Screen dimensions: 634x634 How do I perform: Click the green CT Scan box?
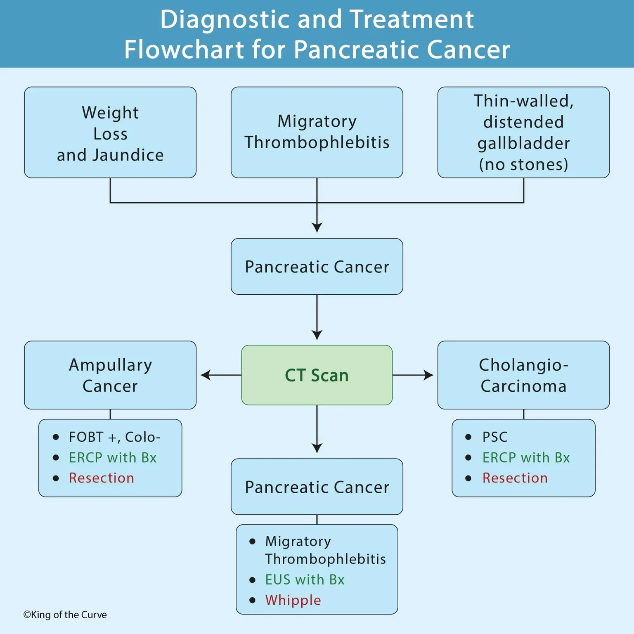coord(317,375)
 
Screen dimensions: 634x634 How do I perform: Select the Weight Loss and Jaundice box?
coord(110,132)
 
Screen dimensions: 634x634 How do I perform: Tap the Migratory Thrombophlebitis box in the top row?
coord(317,132)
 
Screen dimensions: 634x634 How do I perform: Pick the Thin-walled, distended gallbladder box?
coord(523,132)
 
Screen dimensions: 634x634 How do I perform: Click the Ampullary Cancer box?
coord(110,375)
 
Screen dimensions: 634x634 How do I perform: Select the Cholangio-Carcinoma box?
coord(523,375)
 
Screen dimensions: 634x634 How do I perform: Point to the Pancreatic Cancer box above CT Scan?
coord(317,267)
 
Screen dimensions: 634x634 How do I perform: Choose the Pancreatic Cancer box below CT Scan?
coord(317,487)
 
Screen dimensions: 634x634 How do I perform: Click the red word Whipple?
coord(293,600)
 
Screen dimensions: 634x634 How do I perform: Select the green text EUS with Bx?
coord(305,580)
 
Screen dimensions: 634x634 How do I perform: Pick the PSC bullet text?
coord(494,437)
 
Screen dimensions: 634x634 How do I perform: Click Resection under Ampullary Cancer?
coord(102,478)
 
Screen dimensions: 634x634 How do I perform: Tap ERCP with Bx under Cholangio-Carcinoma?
coord(526,457)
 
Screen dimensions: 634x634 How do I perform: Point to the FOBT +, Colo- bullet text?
coord(114,437)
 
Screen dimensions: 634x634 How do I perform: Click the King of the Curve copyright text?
coord(65,615)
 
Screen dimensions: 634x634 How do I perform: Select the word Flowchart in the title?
coord(185,50)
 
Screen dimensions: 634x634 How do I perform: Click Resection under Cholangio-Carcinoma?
coord(515,478)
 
